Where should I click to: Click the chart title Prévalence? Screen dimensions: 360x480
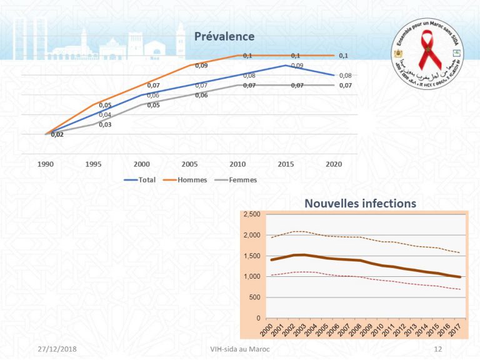coord(224,36)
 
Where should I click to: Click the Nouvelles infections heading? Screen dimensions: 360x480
coord(360,203)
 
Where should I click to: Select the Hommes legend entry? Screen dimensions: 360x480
coord(192,179)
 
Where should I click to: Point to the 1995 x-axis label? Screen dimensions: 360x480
coord(94,164)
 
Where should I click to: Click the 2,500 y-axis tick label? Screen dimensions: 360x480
coord(252,214)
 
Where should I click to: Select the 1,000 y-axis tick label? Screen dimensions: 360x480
coord(252,276)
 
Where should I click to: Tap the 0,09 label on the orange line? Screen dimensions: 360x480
coord(201,66)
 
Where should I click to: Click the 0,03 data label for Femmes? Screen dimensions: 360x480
coord(105,124)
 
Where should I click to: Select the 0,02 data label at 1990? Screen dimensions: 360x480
coord(57,134)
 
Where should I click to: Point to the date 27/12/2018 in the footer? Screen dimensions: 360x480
coord(54,349)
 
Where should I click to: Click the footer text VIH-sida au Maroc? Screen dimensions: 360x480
coord(241,349)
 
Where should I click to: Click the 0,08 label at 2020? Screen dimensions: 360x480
coord(345,76)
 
